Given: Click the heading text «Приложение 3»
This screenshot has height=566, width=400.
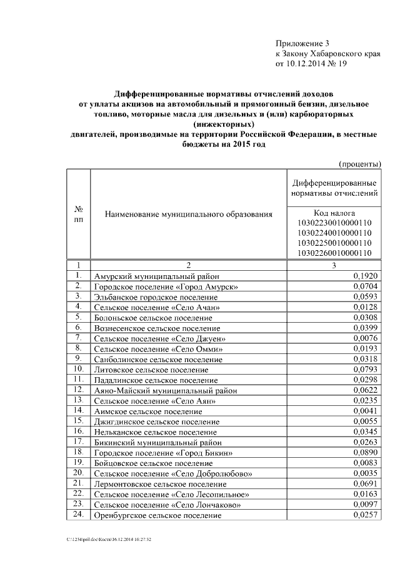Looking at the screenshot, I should point(302,43).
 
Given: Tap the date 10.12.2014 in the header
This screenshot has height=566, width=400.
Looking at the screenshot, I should point(307,64).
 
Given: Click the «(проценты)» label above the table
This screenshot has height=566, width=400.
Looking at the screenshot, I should point(360,164).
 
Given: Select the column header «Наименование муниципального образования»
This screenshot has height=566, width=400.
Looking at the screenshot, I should point(188,215).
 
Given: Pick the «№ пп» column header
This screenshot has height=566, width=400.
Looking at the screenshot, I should point(78,215).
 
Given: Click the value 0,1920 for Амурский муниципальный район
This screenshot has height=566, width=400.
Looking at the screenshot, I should point(365,275).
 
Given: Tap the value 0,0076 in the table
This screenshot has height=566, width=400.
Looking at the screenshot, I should point(365,338).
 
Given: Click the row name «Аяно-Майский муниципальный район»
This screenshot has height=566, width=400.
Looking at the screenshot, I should point(165,390).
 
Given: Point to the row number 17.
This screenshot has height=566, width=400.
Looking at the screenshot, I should point(78,441).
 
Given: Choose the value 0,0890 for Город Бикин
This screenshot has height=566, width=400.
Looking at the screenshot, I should point(365,452).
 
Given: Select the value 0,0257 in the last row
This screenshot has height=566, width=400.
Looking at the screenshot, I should point(365,515).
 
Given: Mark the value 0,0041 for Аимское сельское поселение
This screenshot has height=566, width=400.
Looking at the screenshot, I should point(365,411).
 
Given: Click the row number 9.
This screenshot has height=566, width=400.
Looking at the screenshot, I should point(78,358).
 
